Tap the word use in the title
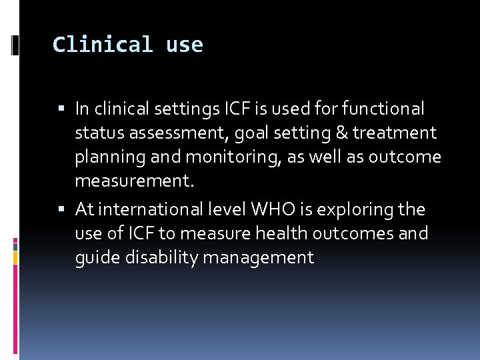185,45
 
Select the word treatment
395,133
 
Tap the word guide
95,258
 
